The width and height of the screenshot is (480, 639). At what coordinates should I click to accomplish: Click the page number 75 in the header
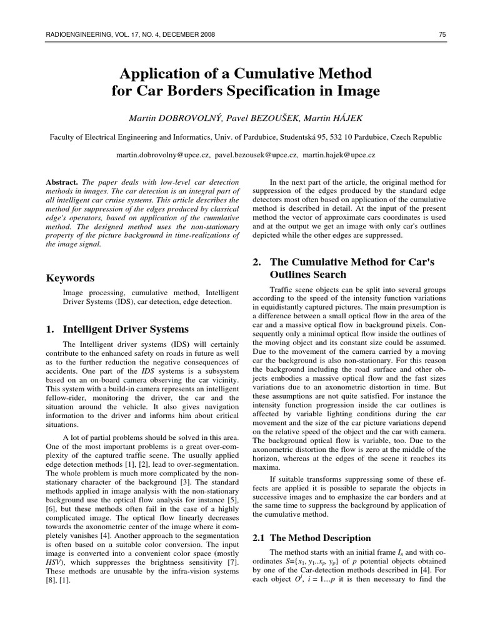[442, 35]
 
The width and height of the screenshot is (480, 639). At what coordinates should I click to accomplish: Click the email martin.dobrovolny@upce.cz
[160, 154]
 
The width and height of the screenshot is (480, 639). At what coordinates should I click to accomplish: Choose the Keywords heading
[71, 278]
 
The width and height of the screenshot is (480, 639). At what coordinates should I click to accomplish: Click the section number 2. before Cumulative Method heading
[256, 261]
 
